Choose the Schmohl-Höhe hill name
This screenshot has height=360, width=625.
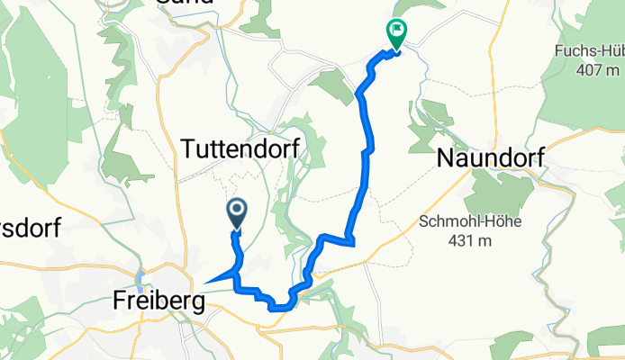461,221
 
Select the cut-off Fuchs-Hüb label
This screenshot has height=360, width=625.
590,50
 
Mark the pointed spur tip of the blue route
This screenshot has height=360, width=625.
206,283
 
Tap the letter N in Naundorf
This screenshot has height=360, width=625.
446,158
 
